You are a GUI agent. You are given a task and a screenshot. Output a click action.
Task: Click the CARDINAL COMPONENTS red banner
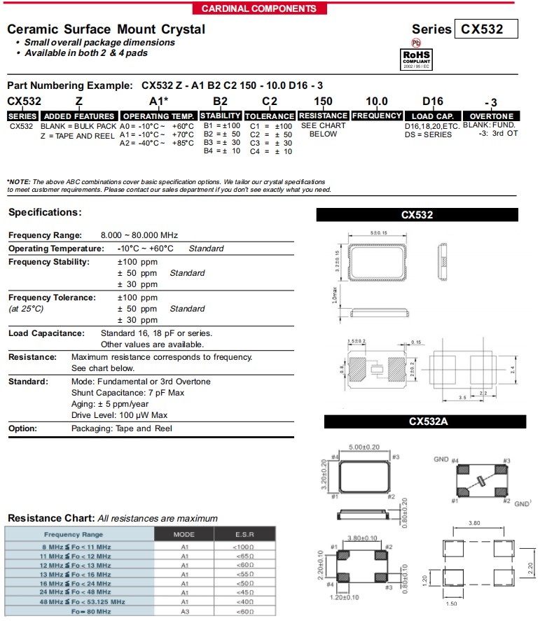[x=258, y=8]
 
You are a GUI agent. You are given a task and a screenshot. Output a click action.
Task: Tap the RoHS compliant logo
[x=415, y=57]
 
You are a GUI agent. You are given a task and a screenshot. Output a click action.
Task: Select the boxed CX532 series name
[x=488, y=29]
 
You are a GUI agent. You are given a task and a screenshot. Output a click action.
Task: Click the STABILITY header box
[x=221, y=116]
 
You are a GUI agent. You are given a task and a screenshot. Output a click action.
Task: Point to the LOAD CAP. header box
[x=432, y=116]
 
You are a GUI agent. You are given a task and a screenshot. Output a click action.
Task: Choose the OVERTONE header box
[x=492, y=116]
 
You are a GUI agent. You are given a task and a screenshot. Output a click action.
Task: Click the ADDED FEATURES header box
[x=79, y=116]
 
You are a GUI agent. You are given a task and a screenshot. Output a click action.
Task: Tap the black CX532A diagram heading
[x=424, y=421]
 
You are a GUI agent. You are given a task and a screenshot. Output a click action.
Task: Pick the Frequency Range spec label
[x=45, y=235]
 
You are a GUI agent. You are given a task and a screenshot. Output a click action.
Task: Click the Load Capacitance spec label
[x=46, y=333]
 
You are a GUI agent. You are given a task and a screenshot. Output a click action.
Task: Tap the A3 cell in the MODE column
[x=185, y=612]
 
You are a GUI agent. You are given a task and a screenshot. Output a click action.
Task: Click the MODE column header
[x=185, y=534]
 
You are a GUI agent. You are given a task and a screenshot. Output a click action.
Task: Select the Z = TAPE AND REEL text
[x=78, y=136]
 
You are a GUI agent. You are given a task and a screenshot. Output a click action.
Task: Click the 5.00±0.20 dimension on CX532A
[x=364, y=446]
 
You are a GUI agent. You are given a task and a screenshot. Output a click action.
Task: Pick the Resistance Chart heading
[x=50, y=518]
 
